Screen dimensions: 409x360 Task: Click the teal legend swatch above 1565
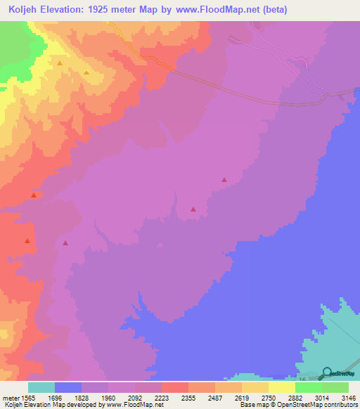41,387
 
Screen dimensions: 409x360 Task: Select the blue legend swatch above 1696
68,387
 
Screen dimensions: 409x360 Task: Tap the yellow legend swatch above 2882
282,387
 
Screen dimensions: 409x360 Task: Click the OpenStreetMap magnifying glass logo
327,372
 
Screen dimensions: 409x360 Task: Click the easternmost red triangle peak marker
224,179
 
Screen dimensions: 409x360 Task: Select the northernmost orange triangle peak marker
60,63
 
